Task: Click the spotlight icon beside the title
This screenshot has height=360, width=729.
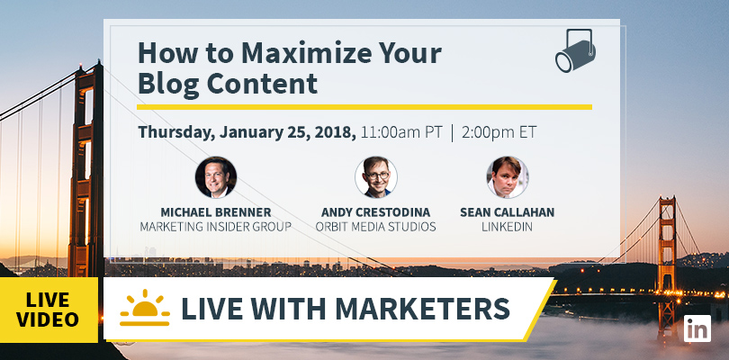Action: [x=575, y=51]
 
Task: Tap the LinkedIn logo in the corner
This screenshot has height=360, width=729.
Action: [x=697, y=328]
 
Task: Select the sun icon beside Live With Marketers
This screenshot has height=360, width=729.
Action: [x=145, y=308]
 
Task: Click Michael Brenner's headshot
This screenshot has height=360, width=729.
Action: [x=216, y=177]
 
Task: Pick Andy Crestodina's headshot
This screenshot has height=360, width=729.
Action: [x=375, y=177]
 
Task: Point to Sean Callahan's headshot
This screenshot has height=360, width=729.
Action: [x=508, y=177]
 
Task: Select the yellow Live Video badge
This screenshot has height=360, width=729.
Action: [x=49, y=310]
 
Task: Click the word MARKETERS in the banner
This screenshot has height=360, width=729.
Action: [x=422, y=309]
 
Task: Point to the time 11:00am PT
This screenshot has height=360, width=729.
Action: [x=401, y=132]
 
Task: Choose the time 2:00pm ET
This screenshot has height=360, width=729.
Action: [x=499, y=132]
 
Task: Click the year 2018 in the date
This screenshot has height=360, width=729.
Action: [x=334, y=132]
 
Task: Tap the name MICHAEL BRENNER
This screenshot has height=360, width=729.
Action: [x=216, y=212]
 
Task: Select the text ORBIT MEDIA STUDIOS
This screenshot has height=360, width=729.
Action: [x=375, y=227]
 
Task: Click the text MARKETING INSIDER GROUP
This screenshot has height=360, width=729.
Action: [x=216, y=227]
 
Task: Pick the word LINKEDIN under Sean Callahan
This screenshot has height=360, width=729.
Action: [x=508, y=227]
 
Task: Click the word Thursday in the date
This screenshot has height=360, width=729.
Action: [x=176, y=133]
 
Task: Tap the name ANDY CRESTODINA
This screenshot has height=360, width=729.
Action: [x=375, y=212]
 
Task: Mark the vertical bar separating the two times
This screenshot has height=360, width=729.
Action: [x=452, y=133]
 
